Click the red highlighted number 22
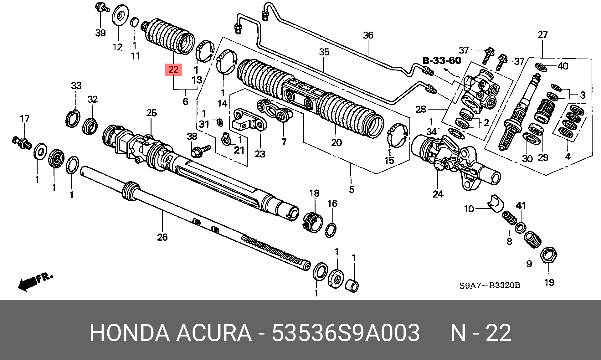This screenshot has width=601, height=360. pos(173,69)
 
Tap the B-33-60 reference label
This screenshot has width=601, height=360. pos(442,60)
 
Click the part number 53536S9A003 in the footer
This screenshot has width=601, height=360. pos(346,332)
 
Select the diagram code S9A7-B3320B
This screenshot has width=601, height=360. pos(490,285)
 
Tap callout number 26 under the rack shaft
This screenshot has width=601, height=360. pos(162,237)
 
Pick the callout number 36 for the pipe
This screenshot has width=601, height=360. pos(368,35)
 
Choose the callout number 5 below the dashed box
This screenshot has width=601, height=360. pos(352,189)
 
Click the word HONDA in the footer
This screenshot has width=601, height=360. pos(129,332)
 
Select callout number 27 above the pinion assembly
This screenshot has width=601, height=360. pos(542,35)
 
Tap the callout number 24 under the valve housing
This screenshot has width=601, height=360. pos(438,194)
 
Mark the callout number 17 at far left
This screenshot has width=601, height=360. pos(25,119)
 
